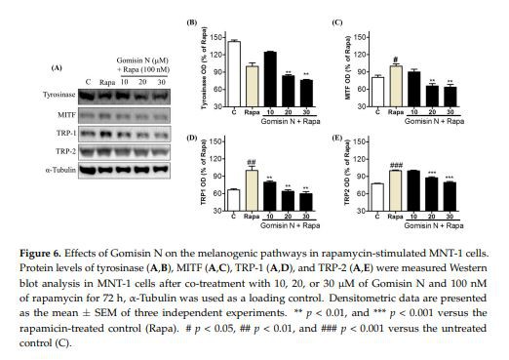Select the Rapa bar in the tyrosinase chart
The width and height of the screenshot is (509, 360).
coord(253,84)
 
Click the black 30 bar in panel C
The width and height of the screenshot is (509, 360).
coord(450,95)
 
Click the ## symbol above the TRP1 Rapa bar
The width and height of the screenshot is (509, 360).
coord(253,162)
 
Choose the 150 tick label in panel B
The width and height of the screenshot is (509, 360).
coord(216,34)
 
